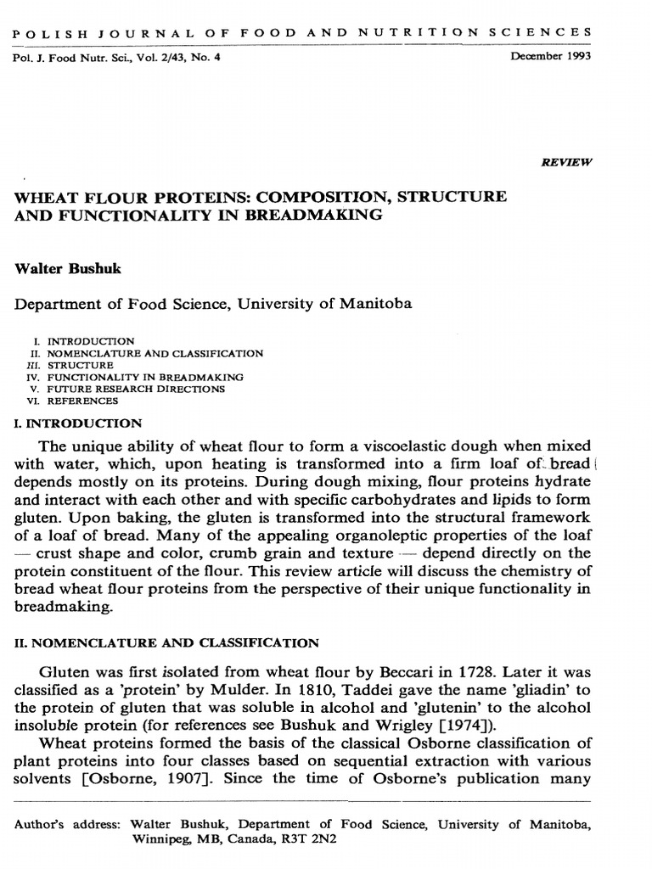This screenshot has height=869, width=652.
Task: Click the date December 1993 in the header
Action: tap(551, 58)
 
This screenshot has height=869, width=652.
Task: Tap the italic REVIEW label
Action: tap(567, 160)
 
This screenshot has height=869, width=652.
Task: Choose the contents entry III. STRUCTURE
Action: tap(70, 365)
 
